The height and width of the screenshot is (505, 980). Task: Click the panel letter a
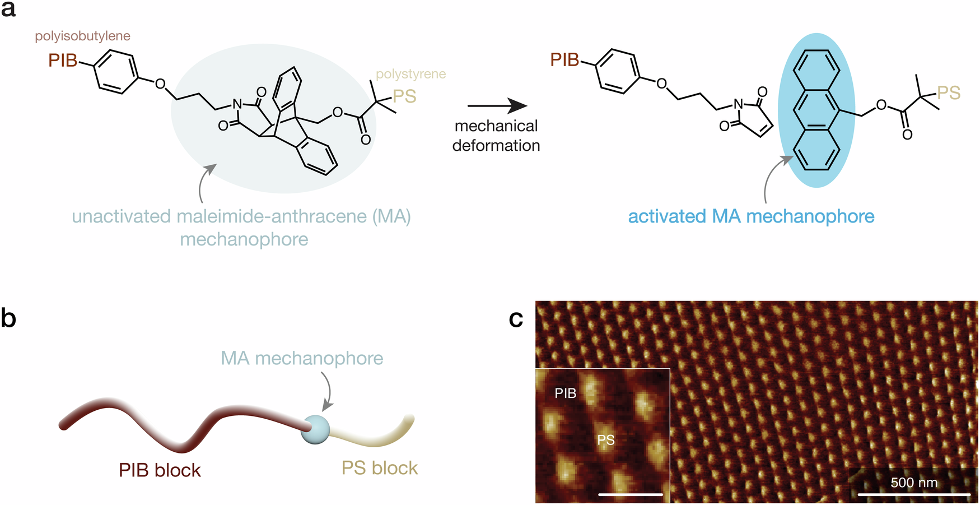point(8,10)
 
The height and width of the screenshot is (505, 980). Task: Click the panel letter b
point(8,318)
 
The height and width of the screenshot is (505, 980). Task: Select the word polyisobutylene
point(82,36)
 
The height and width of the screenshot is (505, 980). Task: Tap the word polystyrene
point(410,74)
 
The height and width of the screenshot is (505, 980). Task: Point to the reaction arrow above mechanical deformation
point(497,105)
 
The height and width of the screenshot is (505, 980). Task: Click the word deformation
point(496,146)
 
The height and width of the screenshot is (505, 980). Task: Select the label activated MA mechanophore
point(751,216)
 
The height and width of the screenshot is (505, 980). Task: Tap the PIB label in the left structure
point(63,61)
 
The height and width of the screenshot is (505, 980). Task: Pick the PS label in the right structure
point(949,93)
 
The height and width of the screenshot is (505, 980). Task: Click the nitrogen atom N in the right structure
point(738,104)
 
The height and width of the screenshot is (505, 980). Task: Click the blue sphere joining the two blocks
point(315,429)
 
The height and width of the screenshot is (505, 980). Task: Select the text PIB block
point(160,470)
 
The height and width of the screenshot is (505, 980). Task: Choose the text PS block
point(380,468)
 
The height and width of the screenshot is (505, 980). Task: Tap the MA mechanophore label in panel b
point(302,358)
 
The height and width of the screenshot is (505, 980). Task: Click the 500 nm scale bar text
point(913,483)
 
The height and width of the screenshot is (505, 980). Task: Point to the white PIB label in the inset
point(566,393)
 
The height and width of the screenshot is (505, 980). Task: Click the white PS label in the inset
point(606,440)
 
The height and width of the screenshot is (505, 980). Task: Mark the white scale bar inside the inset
point(631,494)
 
